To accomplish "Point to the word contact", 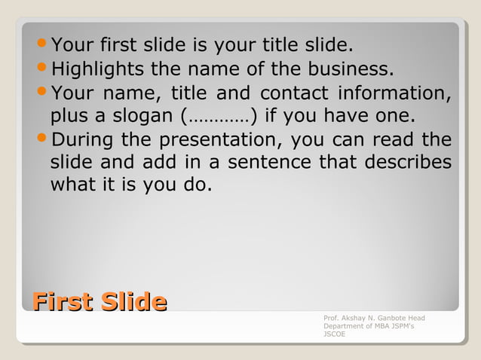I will click(x=294, y=94).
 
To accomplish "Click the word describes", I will click(x=408, y=163).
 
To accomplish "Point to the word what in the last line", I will click(x=72, y=185).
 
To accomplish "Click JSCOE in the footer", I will click(x=334, y=334).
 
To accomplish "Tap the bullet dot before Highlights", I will click(x=42, y=70).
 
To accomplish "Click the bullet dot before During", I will click(x=42, y=140).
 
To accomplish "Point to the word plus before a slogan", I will click(x=66, y=117).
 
